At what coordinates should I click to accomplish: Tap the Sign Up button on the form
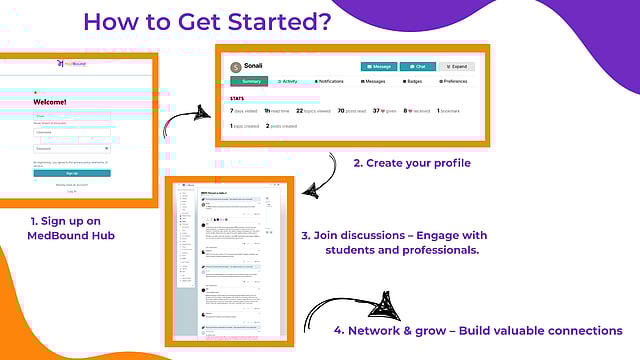pos(72,173)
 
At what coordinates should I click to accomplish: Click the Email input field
pos(72,116)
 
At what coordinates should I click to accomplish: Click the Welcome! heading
pos(50,102)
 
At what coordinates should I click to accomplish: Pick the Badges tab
pos(415,81)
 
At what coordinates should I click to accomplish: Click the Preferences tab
pos(455,81)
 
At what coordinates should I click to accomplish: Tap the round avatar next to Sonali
pos(236,67)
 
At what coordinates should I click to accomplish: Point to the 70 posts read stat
pos(350,111)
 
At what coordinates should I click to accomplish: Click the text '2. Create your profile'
pos(411,163)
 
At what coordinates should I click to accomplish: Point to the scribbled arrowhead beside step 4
pos(389,305)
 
